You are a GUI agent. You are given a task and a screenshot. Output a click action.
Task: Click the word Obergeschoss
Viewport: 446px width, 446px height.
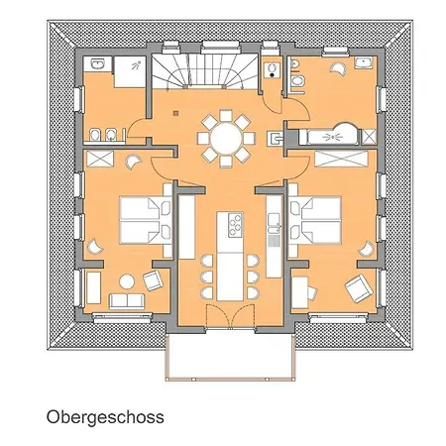coord(105,417)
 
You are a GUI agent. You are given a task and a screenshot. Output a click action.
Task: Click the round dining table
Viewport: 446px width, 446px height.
coord(226,138)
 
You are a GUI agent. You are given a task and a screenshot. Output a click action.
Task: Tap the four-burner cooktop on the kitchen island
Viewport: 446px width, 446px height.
coord(235,225)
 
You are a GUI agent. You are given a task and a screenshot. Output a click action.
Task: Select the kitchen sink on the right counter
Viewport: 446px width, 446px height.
coord(274,224)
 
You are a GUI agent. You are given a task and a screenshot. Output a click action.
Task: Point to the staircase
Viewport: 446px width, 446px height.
coord(205,71)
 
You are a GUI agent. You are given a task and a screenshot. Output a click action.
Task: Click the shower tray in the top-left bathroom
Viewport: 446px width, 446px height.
coord(130,71)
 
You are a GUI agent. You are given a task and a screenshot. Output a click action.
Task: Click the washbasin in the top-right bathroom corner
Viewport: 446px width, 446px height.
coord(363,62)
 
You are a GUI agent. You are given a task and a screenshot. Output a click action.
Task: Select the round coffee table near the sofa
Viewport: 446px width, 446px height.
coord(127,281)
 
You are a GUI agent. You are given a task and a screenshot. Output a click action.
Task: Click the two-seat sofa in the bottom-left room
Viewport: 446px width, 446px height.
coord(127,301)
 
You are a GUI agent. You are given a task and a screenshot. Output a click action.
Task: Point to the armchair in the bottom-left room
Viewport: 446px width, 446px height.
coord(153,280)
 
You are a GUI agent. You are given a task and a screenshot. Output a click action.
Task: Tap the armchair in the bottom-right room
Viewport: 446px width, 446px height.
coord(358,288)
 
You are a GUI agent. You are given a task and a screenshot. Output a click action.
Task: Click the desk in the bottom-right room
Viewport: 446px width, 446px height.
coord(300,292)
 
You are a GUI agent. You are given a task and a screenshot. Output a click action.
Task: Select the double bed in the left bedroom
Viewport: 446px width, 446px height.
coord(145,220)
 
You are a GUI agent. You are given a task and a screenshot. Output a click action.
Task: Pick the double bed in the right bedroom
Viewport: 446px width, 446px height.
coord(315,220)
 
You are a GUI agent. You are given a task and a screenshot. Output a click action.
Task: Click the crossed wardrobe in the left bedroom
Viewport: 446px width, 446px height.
coord(100,159)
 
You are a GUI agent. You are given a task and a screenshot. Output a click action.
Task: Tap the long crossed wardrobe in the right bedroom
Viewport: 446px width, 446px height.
coord(341,159)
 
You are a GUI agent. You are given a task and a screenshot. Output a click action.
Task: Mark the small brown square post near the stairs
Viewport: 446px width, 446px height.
coord(175,113)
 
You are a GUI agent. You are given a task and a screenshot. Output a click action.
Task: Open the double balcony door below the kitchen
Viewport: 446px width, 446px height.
coord(230,316)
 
